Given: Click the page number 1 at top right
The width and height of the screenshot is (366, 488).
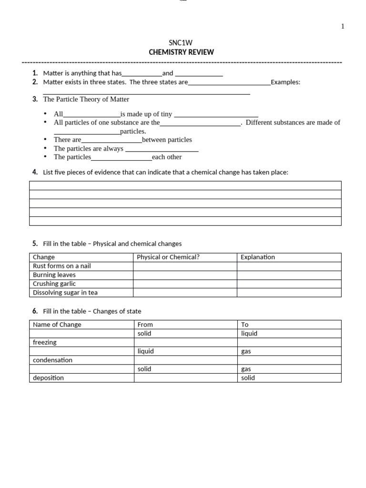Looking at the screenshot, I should pyautogui.click(x=343, y=26).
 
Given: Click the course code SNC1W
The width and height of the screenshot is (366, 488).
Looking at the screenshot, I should pyautogui.click(x=181, y=43).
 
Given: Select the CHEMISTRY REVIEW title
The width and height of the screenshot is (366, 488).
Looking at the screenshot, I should pyautogui.click(x=181, y=52).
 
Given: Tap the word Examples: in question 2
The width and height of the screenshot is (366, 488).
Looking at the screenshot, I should pyautogui.click(x=285, y=82).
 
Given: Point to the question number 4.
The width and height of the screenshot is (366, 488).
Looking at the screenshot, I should pyautogui.click(x=35, y=172).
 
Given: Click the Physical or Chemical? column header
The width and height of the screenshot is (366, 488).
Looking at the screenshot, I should pyautogui.click(x=168, y=257).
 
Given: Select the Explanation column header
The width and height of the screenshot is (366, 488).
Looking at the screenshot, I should pyautogui.click(x=258, y=257).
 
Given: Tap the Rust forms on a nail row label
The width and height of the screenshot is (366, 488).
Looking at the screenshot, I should pyautogui.click(x=61, y=266).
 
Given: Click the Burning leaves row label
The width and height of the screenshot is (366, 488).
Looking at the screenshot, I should pyautogui.click(x=54, y=275).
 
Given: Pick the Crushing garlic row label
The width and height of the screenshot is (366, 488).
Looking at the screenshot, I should pyautogui.click(x=54, y=284).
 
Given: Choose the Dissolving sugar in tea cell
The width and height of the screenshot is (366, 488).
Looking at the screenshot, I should pyautogui.click(x=65, y=293).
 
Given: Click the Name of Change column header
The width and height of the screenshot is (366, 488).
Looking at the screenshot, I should pyautogui.click(x=57, y=325).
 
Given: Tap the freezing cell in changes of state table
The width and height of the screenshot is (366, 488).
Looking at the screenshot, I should pyautogui.click(x=44, y=342).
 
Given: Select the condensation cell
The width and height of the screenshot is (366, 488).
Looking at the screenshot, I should pyautogui.click(x=52, y=360).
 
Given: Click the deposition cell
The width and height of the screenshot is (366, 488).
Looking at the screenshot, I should pyautogui.click(x=48, y=378).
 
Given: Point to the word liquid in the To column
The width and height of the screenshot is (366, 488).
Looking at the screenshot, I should pyautogui.click(x=249, y=334).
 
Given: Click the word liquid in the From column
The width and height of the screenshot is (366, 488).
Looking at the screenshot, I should pyautogui.click(x=145, y=351).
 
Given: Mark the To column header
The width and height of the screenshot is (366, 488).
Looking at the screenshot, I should pyautogui.click(x=245, y=325).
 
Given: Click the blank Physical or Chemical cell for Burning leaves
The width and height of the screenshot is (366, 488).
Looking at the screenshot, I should pyautogui.click(x=185, y=275).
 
